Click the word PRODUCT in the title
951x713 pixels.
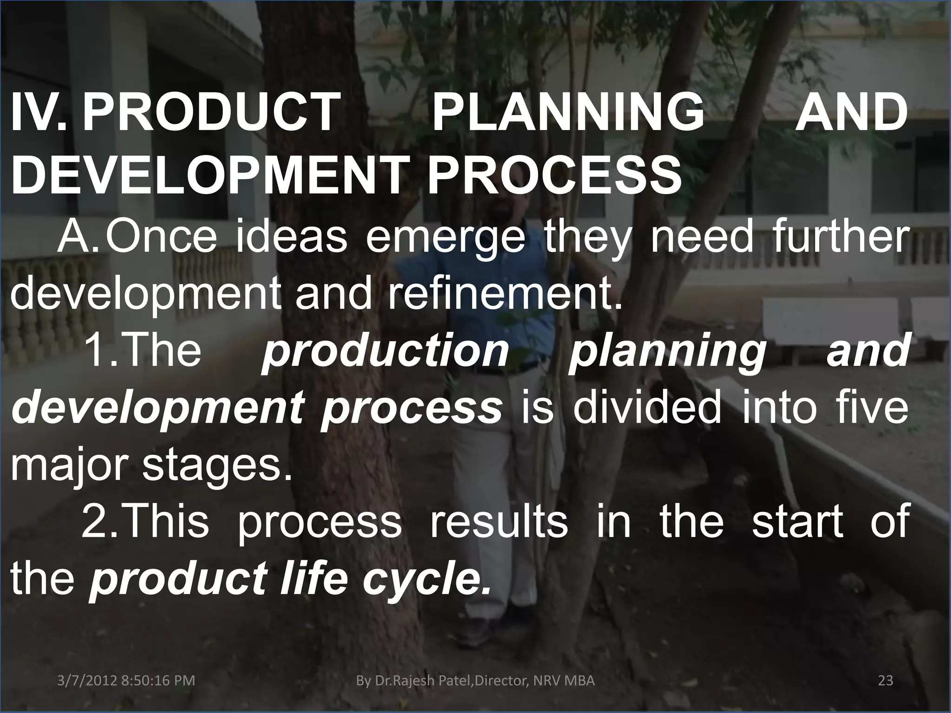coord(208,113)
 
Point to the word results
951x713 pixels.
coord(498,521)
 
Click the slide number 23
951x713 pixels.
coord(886,681)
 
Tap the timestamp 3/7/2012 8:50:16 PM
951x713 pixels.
coord(126,681)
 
